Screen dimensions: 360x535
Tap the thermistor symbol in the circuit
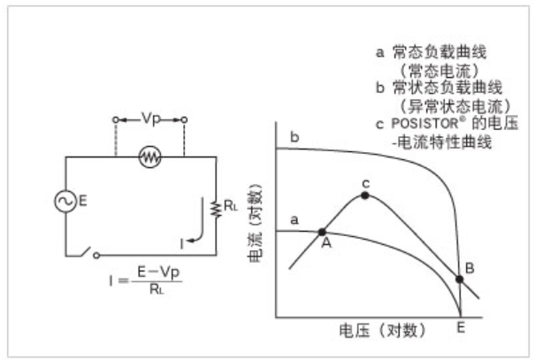(149, 157)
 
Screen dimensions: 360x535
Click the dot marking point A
(321, 234)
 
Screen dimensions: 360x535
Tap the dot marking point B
(460, 280)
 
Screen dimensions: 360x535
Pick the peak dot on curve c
(364, 195)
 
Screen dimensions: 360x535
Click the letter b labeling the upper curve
(294, 137)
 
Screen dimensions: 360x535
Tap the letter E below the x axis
(461, 329)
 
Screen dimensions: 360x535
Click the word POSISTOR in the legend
(421, 122)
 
